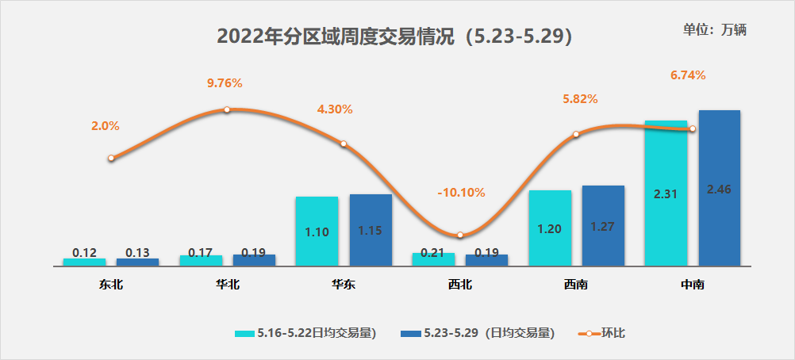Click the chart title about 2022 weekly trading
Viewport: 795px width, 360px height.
(x=394, y=36)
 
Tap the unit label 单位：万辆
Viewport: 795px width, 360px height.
(x=715, y=29)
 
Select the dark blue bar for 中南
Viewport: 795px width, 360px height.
(x=719, y=188)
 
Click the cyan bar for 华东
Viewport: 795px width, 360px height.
(x=317, y=231)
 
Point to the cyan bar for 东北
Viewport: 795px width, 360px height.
(x=84, y=262)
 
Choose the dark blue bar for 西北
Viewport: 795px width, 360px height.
(x=486, y=260)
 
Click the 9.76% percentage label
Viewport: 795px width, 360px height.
(x=225, y=82)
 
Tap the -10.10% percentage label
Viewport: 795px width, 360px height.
(x=461, y=193)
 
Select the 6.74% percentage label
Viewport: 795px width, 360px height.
(x=688, y=75)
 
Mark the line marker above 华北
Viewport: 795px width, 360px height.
(x=226, y=109)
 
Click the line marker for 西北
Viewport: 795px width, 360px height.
(x=460, y=235)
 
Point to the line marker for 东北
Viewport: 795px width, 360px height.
(x=111, y=158)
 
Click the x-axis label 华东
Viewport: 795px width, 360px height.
(x=344, y=285)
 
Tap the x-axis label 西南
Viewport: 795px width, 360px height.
(x=576, y=285)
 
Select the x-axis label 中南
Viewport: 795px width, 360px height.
(x=692, y=285)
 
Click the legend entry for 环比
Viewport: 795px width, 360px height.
(x=601, y=333)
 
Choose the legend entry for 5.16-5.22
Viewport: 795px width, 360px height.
(x=305, y=333)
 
